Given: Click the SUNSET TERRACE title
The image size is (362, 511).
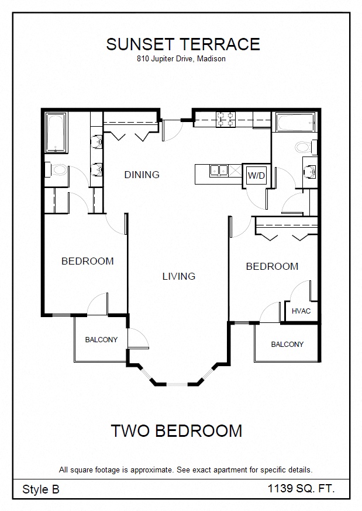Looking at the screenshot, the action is [x=183, y=44].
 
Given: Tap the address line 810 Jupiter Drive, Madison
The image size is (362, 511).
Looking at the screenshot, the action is [x=181, y=59].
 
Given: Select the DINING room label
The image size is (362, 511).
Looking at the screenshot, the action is [x=142, y=175].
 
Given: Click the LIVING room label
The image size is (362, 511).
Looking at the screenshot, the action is [x=179, y=276].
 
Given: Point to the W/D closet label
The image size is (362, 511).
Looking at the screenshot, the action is [x=256, y=176].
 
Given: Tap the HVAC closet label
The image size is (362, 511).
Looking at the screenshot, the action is [x=301, y=311].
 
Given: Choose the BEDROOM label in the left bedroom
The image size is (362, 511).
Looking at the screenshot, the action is [x=88, y=261].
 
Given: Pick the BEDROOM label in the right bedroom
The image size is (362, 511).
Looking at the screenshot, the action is [x=273, y=266].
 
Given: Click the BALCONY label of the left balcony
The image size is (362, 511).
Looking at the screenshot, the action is [x=101, y=339].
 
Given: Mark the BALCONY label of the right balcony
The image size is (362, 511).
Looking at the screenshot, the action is [x=287, y=345].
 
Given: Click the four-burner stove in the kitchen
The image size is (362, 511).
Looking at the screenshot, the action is [x=225, y=119].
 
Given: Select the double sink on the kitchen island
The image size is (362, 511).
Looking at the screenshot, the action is [x=219, y=171].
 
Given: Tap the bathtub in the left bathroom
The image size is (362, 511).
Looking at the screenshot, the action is [x=56, y=133].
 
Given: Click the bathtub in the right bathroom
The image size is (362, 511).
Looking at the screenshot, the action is [x=295, y=122].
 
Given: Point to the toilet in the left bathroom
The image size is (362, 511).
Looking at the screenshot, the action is [x=57, y=170].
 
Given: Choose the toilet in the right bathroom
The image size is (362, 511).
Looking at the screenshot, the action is [x=306, y=147].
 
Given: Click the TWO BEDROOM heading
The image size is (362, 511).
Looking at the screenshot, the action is [x=177, y=431].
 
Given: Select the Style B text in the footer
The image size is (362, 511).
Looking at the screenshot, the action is [x=41, y=489].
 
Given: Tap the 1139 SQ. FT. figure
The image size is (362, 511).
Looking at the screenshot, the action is [x=301, y=488].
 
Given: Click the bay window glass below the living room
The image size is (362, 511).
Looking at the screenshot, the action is [x=177, y=384].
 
